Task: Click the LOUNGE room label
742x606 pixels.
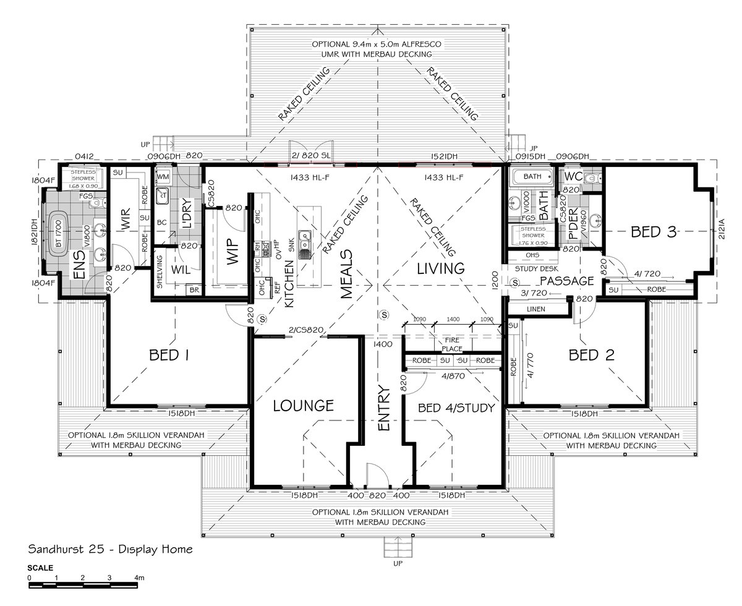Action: click(304, 406)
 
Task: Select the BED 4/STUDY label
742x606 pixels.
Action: click(456, 408)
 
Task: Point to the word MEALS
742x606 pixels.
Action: click(346, 274)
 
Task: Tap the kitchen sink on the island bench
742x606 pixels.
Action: click(305, 243)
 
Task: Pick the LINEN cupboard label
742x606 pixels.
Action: click(535, 308)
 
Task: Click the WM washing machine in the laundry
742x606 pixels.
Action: click(163, 177)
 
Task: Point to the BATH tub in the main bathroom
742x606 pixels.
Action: click(531, 177)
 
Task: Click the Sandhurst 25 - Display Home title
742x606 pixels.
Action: click(111, 549)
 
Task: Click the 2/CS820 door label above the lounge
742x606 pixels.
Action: click(306, 330)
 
